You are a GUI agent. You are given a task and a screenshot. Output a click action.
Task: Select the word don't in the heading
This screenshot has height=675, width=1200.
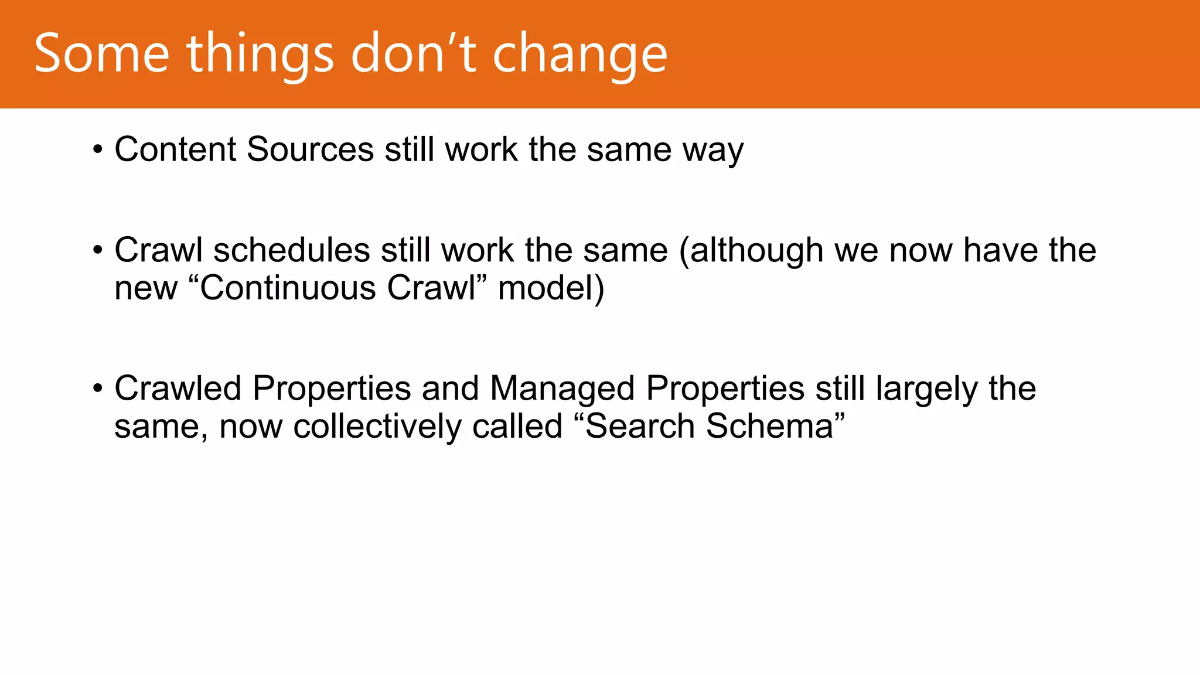(413, 54)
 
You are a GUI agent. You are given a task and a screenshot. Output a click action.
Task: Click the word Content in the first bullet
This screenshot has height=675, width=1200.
(175, 149)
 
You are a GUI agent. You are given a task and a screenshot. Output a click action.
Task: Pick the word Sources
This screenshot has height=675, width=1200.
(310, 149)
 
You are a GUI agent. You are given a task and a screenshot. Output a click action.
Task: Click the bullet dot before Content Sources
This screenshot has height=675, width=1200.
(98, 149)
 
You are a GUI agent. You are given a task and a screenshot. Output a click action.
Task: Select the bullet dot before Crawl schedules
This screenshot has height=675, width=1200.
(98, 251)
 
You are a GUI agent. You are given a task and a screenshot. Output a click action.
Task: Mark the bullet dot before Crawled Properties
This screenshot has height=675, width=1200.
(98, 388)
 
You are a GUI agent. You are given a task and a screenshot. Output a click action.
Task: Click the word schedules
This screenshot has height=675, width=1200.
(291, 250)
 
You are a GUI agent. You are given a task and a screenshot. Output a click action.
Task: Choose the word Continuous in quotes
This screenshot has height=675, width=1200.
(288, 288)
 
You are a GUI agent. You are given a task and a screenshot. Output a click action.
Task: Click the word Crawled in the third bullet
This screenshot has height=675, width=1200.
(178, 388)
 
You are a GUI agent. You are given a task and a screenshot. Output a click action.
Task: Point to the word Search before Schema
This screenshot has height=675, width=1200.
(640, 426)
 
